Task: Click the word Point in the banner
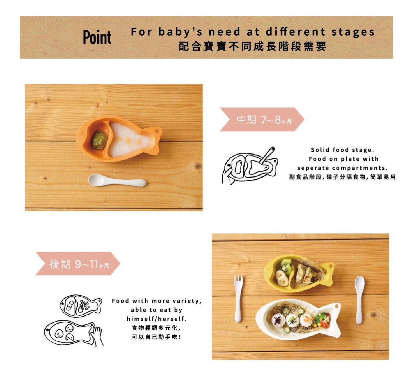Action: (97, 37)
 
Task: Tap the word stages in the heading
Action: (353, 32)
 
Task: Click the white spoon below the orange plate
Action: (117, 181)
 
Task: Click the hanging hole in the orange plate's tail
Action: (157, 131)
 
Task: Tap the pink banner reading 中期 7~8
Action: (262, 119)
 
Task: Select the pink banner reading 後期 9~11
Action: (78, 263)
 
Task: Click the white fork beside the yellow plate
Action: (238, 299)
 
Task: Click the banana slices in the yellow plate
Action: (282, 278)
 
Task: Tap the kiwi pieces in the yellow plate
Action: (287, 265)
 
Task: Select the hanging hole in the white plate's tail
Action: (337, 306)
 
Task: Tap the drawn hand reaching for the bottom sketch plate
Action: (98, 335)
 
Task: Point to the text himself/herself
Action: (156, 319)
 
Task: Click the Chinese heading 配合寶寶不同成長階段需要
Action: (253, 46)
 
